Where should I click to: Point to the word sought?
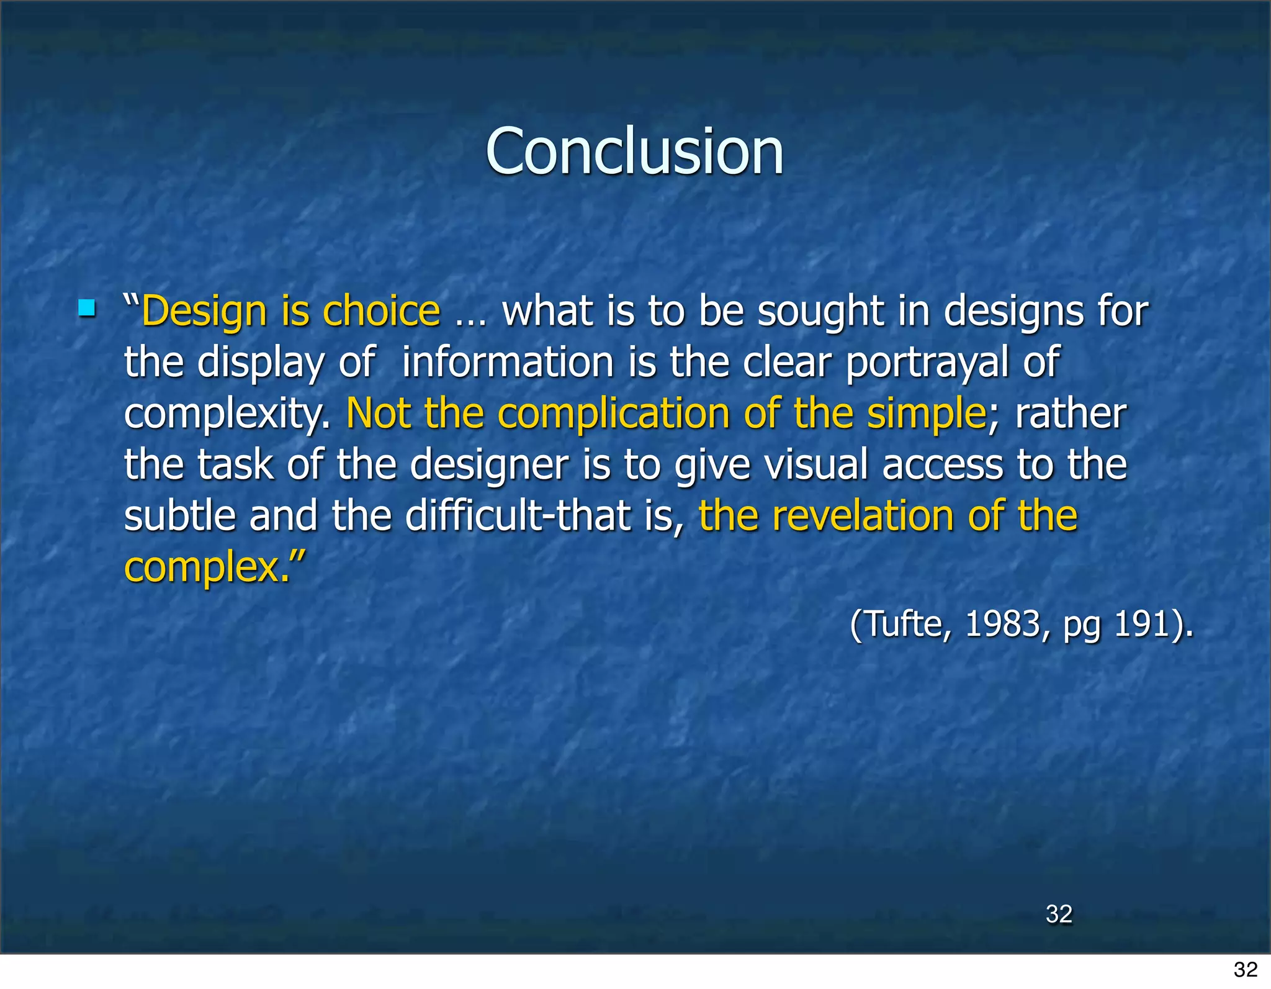click(x=820, y=311)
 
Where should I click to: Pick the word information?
click(x=508, y=362)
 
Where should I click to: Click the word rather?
click(x=1070, y=413)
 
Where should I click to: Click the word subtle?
click(x=180, y=516)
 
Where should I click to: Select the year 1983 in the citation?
click(x=1003, y=623)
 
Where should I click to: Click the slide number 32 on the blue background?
click(x=1059, y=914)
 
